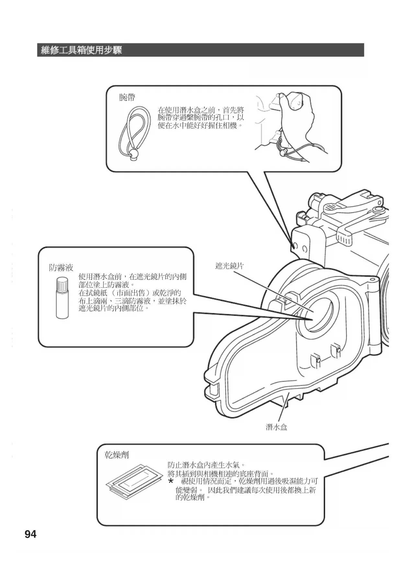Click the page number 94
pyautogui.click(x=30, y=534)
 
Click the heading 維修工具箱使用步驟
pyautogui.click(x=81, y=50)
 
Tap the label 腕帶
pyautogui.click(x=127, y=97)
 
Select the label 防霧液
pyautogui.click(x=61, y=268)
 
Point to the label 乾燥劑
pyautogui.click(x=117, y=455)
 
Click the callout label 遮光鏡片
pyautogui.click(x=229, y=266)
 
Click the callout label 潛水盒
pyautogui.click(x=276, y=427)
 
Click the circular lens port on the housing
pyautogui.click(x=314, y=315)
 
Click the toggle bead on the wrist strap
pyautogui.click(x=134, y=155)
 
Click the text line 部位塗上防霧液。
pyautogui.click(x=107, y=285)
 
